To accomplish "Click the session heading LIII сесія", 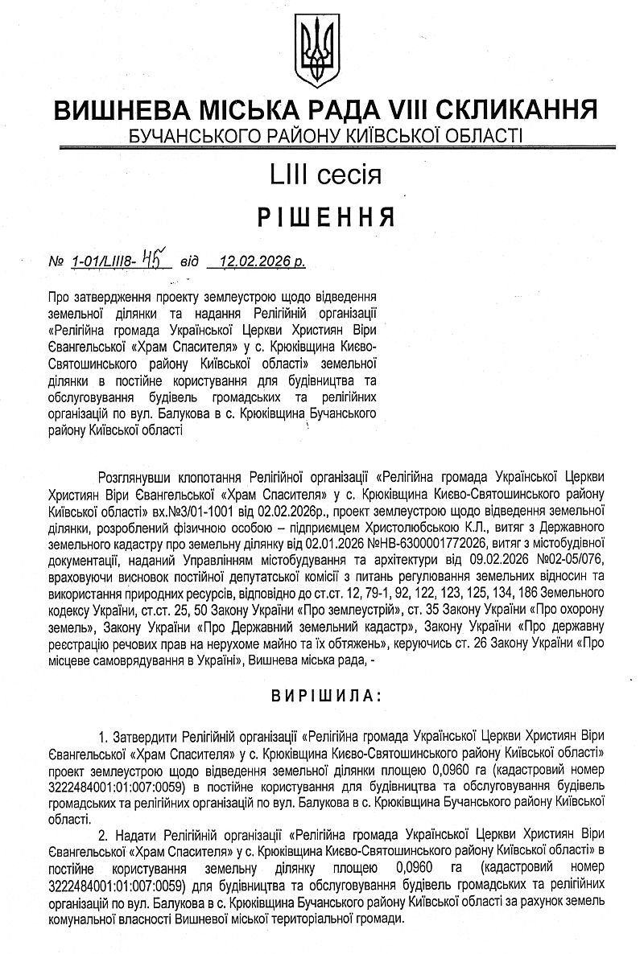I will pyautogui.click(x=322, y=174).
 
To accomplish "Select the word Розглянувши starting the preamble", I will pyautogui.click(x=131, y=475).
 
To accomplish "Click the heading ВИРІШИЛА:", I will pyautogui.click(x=322, y=693).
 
